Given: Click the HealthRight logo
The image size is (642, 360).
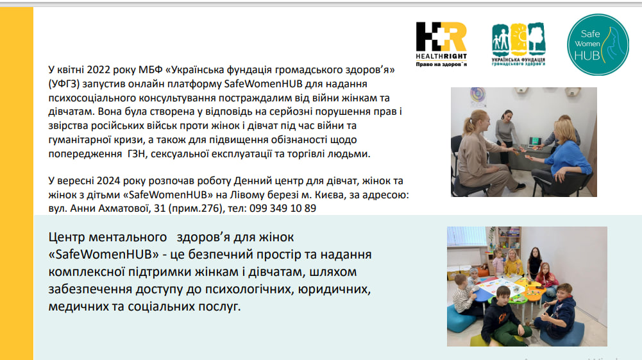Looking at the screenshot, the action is point(441,44).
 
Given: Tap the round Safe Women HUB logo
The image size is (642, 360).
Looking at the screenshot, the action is point(598,45).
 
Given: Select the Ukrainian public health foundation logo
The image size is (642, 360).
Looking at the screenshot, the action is point(518,44).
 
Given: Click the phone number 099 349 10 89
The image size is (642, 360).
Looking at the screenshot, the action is point(282,208).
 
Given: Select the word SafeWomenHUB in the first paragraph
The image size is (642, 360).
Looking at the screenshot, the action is point(263,84).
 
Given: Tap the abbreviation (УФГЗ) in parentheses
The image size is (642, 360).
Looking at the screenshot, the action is point(64,84).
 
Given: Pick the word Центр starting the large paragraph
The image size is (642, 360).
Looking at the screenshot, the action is point(67,237).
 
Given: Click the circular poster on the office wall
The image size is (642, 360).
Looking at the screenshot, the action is point(477,94).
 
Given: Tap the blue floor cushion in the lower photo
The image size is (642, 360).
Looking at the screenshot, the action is point(460,318).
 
